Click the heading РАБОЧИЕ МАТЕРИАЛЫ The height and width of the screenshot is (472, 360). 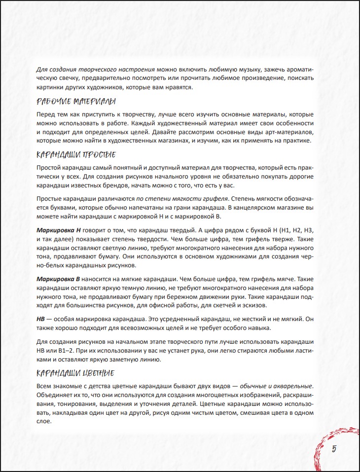pyautogui.click(x=76, y=102)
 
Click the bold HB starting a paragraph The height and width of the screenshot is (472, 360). pyautogui.click(x=41, y=319)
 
